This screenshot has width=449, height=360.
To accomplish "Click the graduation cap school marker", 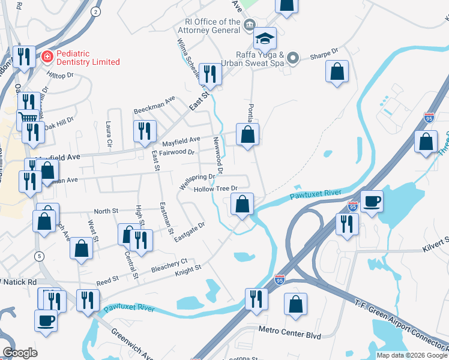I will (264, 40).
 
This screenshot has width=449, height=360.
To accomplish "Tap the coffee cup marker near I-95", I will (372, 202).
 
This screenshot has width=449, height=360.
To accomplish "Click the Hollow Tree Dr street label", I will (216, 189).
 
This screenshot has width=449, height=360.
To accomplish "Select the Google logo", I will (20, 353).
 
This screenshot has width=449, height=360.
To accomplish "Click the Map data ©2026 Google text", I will (411, 355).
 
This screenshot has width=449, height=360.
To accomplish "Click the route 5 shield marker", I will (40, 256).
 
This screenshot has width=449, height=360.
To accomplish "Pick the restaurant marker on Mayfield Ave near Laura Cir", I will (145, 132).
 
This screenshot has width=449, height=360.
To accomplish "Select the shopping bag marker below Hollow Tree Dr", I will (241, 205).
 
